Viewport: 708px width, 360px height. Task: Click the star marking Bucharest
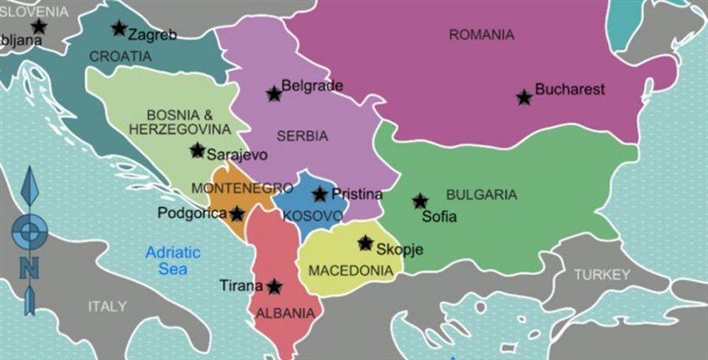[524, 97]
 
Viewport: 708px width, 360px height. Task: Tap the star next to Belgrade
[273, 93]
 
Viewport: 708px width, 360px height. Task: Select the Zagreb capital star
[119, 28]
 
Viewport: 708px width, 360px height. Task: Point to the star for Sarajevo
[196, 150]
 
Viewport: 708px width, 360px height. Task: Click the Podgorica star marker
[237, 213]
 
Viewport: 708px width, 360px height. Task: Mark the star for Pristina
[319, 194]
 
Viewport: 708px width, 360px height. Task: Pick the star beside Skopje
[365, 242]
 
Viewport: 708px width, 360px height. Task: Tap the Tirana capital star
[274, 286]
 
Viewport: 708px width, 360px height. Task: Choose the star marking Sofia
[419, 201]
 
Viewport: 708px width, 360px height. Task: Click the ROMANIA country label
[481, 35]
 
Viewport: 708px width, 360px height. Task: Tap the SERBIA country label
[302, 136]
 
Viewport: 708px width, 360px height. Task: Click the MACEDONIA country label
[350, 270]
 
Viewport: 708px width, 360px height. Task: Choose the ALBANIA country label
[284, 313]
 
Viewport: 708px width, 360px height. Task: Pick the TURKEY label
[602, 275]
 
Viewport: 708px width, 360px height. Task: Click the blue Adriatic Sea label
[173, 260]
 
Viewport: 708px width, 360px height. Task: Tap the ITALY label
[107, 306]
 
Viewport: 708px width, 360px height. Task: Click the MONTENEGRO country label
[242, 188]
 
